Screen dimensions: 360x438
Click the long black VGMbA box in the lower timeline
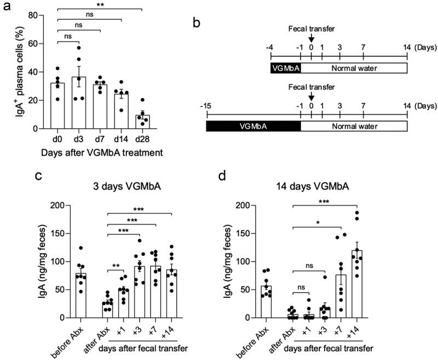pyautogui.click(x=253, y=125)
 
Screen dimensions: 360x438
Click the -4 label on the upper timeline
pyautogui.click(x=270, y=49)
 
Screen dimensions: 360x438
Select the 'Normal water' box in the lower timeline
pyautogui.click(x=354, y=125)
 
